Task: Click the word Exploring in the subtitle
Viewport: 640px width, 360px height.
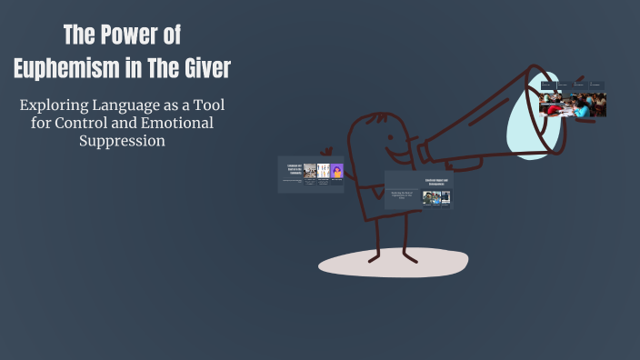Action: point(55,105)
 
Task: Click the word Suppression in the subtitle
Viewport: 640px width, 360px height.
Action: point(122,142)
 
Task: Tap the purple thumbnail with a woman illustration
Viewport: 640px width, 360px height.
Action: point(337,172)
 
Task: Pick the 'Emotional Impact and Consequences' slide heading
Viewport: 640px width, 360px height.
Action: point(437,181)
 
